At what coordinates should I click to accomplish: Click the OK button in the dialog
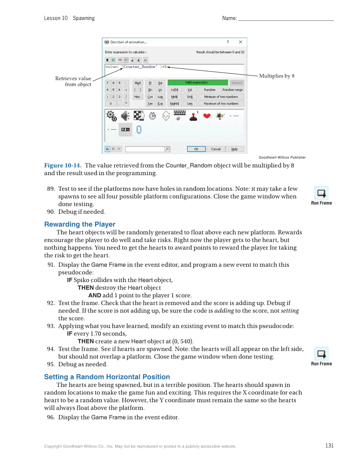(196, 149)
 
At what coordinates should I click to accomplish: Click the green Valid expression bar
(196, 83)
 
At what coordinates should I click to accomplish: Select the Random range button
(233, 90)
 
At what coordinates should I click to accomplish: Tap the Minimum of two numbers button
(221, 97)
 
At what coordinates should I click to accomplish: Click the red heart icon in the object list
(207, 116)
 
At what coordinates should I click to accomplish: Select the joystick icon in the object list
(193, 116)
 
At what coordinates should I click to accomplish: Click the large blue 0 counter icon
(139, 129)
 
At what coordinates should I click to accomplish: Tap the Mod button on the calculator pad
(137, 83)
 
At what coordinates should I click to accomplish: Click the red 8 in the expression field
(165, 67)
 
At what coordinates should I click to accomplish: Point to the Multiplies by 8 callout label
(276, 76)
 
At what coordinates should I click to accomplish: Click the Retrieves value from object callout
(73, 81)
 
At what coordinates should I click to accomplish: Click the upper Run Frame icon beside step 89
(321, 193)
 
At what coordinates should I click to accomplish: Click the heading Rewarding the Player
(80, 224)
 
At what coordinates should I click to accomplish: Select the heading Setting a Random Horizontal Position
(107, 377)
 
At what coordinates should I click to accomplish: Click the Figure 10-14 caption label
(63, 165)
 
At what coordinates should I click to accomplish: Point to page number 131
(329, 446)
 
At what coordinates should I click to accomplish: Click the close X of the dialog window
(240, 42)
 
